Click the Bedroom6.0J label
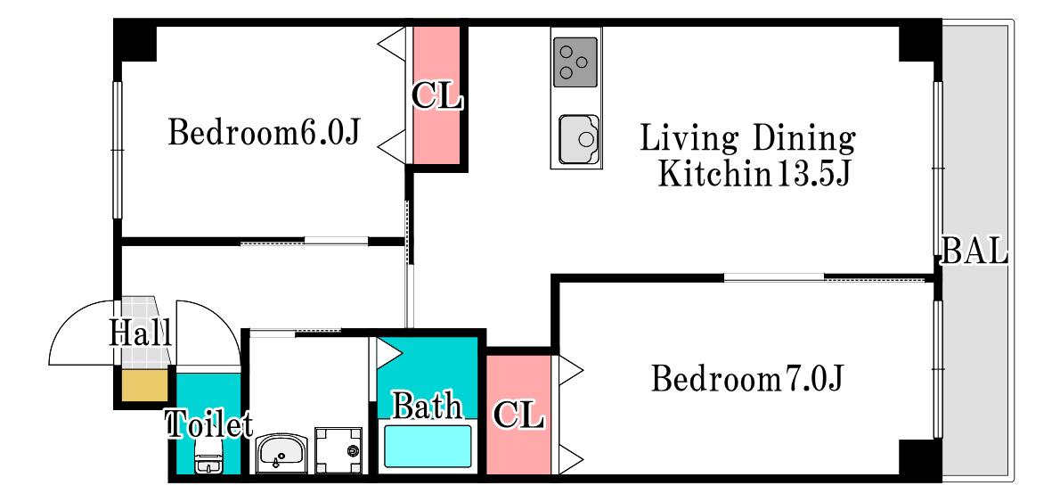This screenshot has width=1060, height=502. click(x=263, y=132)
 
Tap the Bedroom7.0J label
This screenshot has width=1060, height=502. click(x=748, y=379)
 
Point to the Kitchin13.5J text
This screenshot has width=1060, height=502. click(x=754, y=174)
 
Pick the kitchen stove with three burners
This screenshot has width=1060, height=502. click(x=576, y=62)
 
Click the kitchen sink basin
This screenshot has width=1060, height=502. click(x=579, y=139)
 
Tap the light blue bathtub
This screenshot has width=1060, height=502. click(x=428, y=445)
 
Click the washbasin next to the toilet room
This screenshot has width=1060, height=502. click(x=281, y=453)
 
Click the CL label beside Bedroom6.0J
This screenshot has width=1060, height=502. click(x=436, y=97)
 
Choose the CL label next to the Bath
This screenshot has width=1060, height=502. click(x=518, y=414)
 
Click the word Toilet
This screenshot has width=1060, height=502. click(x=209, y=424)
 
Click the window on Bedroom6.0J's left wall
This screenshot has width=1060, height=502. click(x=117, y=150)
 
